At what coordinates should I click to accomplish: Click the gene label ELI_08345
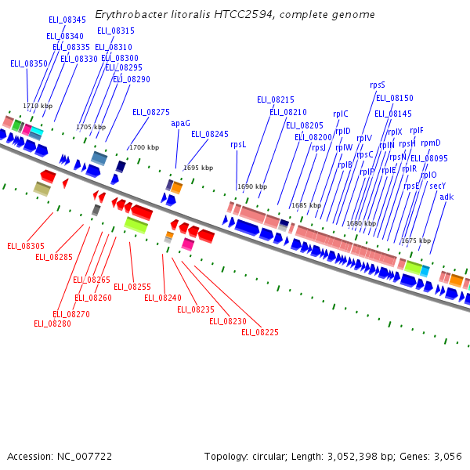67,20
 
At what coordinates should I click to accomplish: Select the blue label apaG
180,123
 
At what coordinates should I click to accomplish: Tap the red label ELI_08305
26,246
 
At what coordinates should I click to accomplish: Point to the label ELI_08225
260,332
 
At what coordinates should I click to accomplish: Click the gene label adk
446,197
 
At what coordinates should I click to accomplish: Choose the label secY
437,186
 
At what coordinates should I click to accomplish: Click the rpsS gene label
378,85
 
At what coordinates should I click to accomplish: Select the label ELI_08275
151,113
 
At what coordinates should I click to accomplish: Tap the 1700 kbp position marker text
144,147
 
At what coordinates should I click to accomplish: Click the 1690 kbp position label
252,186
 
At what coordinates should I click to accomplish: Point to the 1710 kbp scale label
38,106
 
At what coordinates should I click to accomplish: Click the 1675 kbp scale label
416,240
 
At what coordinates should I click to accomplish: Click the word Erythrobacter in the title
125,15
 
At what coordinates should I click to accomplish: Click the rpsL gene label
238,144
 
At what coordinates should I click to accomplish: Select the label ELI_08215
276,100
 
